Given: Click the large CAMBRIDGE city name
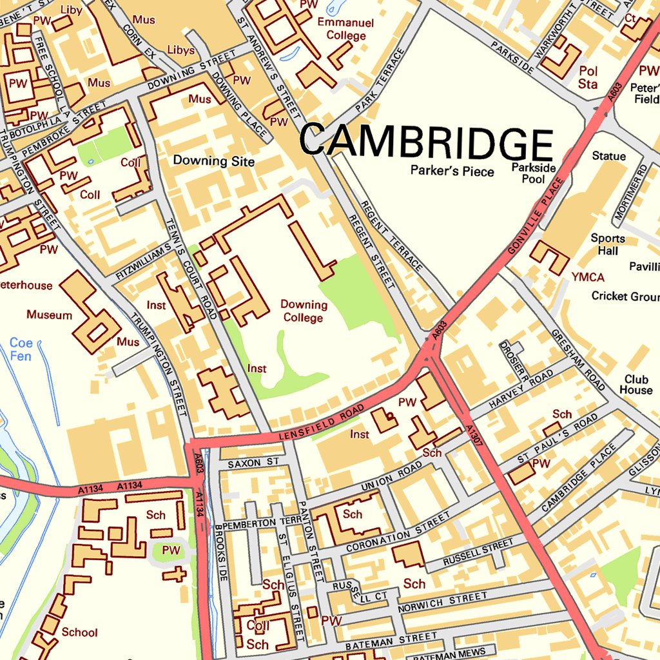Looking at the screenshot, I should pyautogui.click(x=426, y=142).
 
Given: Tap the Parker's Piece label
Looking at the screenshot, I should pyautogui.click(x=452, y=171).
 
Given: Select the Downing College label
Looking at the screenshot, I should pyautogui.click(x=304, y=311).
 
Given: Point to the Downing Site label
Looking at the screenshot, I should pyautogui.click(x=214, y=161).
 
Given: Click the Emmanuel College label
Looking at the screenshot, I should pyautogui.click(x=345, y=29).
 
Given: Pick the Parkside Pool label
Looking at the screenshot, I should pyautogui.click(x=533, y=173).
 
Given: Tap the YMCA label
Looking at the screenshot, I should pyautogui.click(x=588, y=277).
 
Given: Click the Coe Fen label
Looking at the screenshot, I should pyautogui.click(x=21, y=349).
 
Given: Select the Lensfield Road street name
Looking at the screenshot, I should pyautogui.click(x=322, y=424).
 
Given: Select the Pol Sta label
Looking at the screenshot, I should pyautogui.click(x=588, y=77).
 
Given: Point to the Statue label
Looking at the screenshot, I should pyautogui.click(x=608, y=156).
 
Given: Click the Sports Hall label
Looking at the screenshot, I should pyautogui.click(x=608, y=244).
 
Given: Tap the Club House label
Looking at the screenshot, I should pyautogui.click(x=636, y=385).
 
